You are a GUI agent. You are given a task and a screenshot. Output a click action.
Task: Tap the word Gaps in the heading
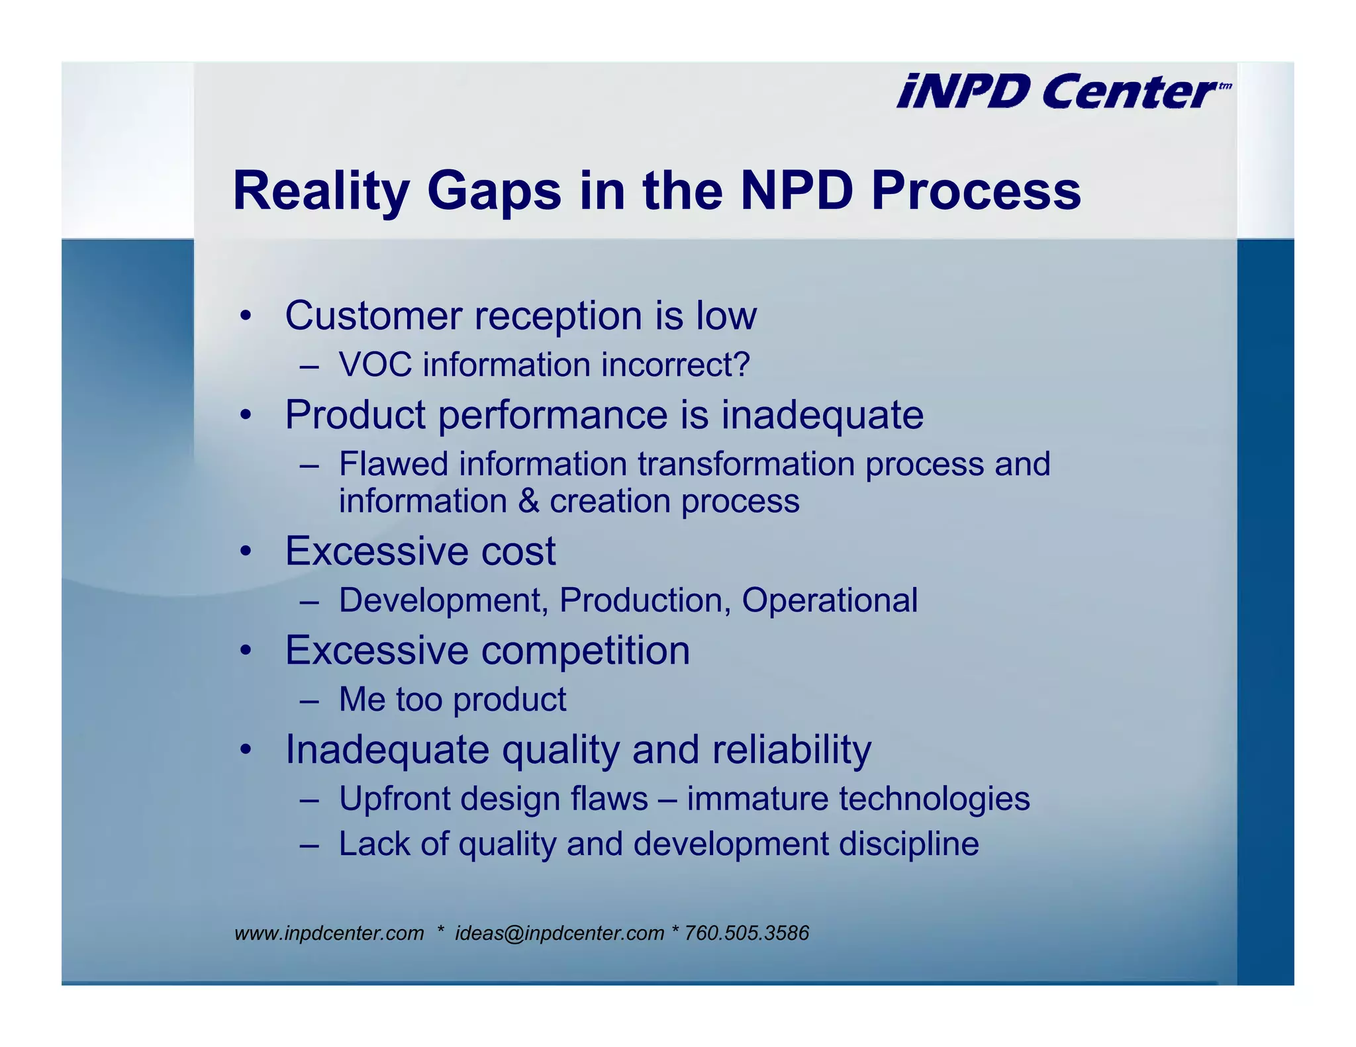pos(494,191)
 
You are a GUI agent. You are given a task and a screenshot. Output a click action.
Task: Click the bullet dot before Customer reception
pos(246,316)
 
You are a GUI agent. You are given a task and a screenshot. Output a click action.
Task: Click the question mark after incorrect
pos(742,365)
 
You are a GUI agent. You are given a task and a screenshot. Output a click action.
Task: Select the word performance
pos(552,415)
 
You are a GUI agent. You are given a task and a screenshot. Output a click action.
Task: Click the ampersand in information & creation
pos(528,501)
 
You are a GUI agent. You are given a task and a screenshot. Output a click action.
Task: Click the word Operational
pos(829,600)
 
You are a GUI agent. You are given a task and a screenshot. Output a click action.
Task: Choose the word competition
pos(585,651)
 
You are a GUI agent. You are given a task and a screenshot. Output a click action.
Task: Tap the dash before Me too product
pos(309,700)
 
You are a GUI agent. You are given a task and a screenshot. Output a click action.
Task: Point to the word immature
pos(757,798)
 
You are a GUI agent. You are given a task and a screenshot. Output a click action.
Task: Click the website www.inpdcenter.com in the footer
pos(329,933)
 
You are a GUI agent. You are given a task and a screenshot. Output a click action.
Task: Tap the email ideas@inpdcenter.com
pos(559,933)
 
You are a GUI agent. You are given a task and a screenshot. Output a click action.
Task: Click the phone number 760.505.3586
pos(746,933)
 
